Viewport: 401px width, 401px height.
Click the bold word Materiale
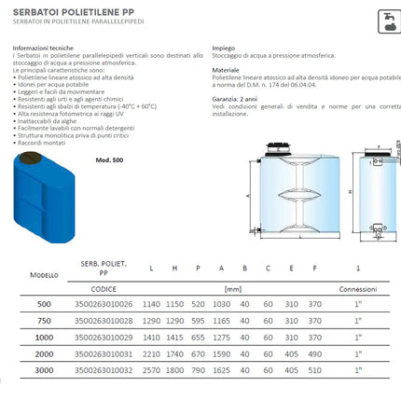(x=226, y=69)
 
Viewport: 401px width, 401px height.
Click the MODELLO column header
(x=44, y=276)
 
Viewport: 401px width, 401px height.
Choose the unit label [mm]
(x=233, y=288)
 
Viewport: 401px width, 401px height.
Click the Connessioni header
(x=358, y=288)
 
